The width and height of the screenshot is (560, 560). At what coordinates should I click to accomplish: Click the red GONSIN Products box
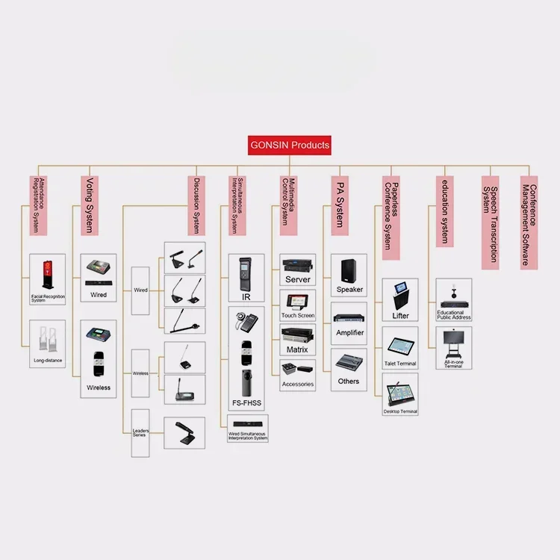point(289,145)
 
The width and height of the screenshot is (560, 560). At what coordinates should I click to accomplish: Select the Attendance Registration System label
point(38,205)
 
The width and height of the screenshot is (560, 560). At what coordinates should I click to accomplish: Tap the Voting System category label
point(89,205)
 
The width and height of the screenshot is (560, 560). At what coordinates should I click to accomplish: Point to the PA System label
point(338,202)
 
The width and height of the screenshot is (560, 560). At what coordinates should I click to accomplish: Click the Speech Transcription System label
point(490,222)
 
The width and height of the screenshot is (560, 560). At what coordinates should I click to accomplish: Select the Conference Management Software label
point(529,222)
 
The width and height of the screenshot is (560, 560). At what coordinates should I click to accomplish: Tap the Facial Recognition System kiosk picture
point(47,274)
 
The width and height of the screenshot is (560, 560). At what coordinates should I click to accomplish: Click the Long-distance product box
point(47,343)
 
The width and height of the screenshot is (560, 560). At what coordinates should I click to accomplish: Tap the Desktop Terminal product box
point(399,393)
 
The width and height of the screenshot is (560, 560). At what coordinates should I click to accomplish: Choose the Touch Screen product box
point(298,305)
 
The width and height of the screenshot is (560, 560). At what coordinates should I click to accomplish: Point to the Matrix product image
point(298,335)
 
